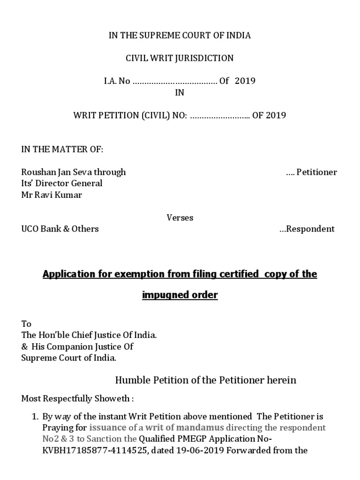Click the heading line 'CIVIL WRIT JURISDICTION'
pyautogui.click(x=180, y=59)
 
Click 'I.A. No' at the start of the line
pyautogui.click(x=117, y=81)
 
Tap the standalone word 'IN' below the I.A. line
pyautogui.click(x=180, y=92)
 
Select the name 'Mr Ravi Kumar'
pyautogui.click(x=52, y=195)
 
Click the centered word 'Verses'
pyautogui.click(x=180, y=217)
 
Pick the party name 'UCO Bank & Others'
pyautogui.click(x=60, y=229)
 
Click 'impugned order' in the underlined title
pyautogui.click(x=180, y=296)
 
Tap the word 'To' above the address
pyautogui.click(x=26, y=324)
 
